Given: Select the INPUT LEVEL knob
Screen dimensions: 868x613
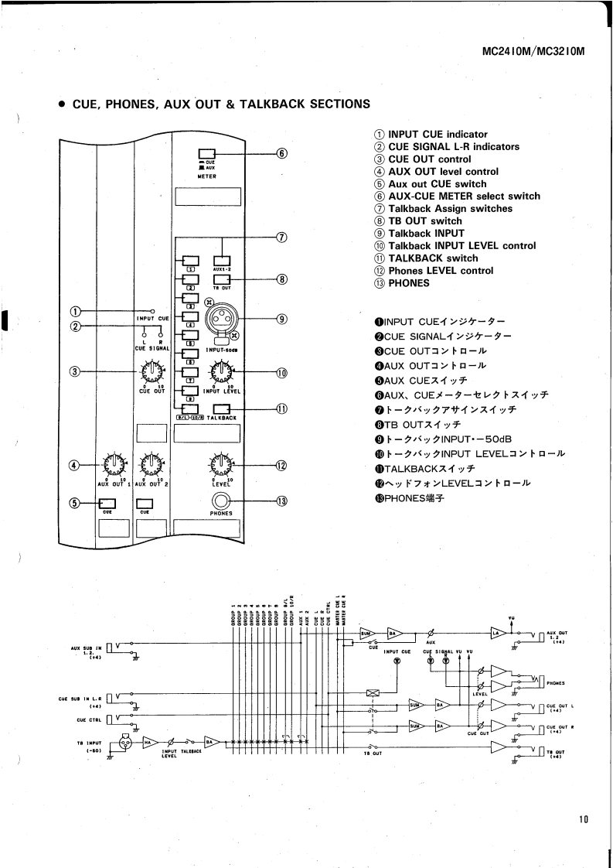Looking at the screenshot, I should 222,373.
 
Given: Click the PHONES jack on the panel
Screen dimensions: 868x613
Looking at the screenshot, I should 222,500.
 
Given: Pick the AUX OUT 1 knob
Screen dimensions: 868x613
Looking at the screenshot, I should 114,464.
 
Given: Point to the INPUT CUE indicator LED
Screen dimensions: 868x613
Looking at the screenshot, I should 152,310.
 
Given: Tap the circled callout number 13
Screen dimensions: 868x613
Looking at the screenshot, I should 282,500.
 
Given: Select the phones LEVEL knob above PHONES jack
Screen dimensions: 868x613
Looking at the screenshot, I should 222,464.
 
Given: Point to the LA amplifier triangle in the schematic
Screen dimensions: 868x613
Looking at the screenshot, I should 499,633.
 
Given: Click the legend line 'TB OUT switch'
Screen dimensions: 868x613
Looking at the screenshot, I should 424,220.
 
